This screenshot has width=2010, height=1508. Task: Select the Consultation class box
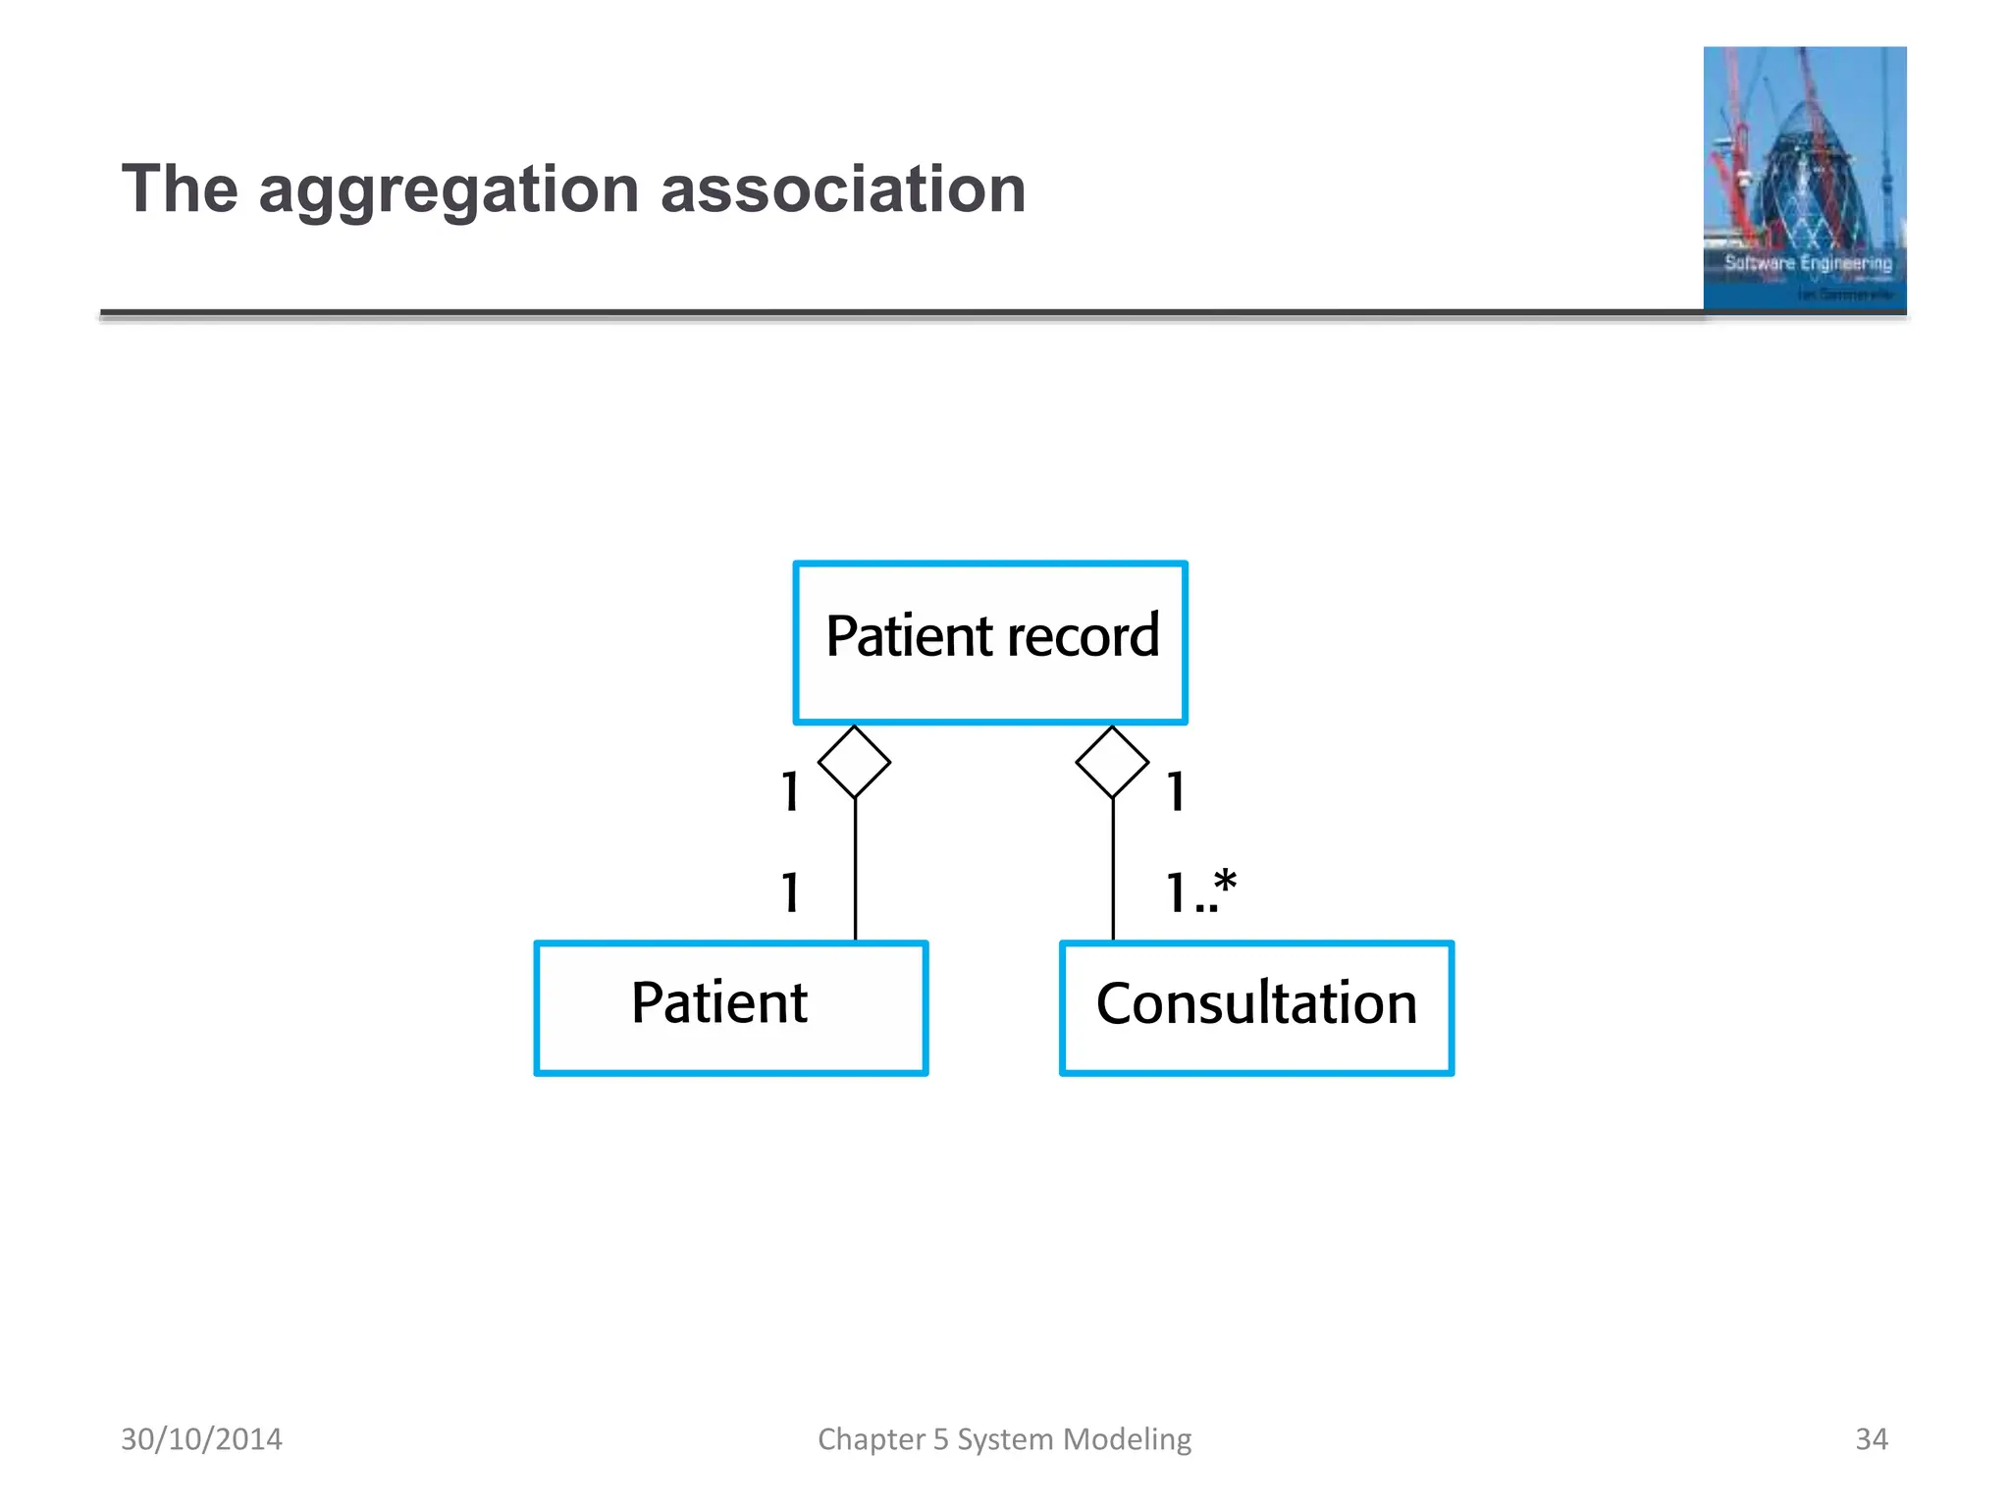(x=1256, y=1007)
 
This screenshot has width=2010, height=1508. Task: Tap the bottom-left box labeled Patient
(x=731, y=1007)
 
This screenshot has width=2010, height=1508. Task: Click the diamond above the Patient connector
(x=854, y=762)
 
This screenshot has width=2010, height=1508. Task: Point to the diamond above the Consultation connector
(x=1112, y=762)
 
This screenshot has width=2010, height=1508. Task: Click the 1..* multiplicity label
(x=1200, y=892)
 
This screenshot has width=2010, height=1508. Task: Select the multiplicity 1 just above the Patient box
(x=790, y=892)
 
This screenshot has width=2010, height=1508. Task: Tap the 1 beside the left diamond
(x=790, y=791)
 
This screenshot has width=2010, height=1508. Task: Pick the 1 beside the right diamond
(x=1176, y=791)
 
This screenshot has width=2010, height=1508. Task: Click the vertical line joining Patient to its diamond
(x=855, y=869)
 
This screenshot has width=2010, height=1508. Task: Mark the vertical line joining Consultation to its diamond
(x=1113, y=869)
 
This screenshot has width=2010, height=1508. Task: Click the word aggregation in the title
(x=449, y=189)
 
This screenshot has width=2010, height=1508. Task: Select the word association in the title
(x=843, y=189)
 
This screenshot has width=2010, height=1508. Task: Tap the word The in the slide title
(x=180, y=189)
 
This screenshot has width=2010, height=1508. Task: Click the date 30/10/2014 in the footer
(x=201, y=1439)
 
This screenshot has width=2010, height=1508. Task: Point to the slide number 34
(x=1871, y=1439)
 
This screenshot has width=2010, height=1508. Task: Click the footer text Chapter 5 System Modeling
(x=1004, y=1439)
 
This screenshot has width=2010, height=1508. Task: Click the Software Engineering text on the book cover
(x=1808, y=263)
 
